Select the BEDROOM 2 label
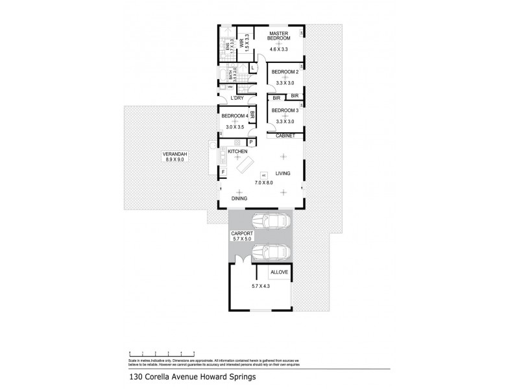[x=285, y=71]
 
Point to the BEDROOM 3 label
[x=285, y=111]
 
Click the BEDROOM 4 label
[x=234, y=116]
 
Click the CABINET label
[x=285, y=136]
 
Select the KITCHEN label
[x=237, y=152]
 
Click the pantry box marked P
[x=250, y=141]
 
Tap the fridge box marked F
[x=223, y=172]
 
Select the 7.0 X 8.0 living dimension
[x=264, y=183]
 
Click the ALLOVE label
[x=279, y=272]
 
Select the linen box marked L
[x=252, y=67]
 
